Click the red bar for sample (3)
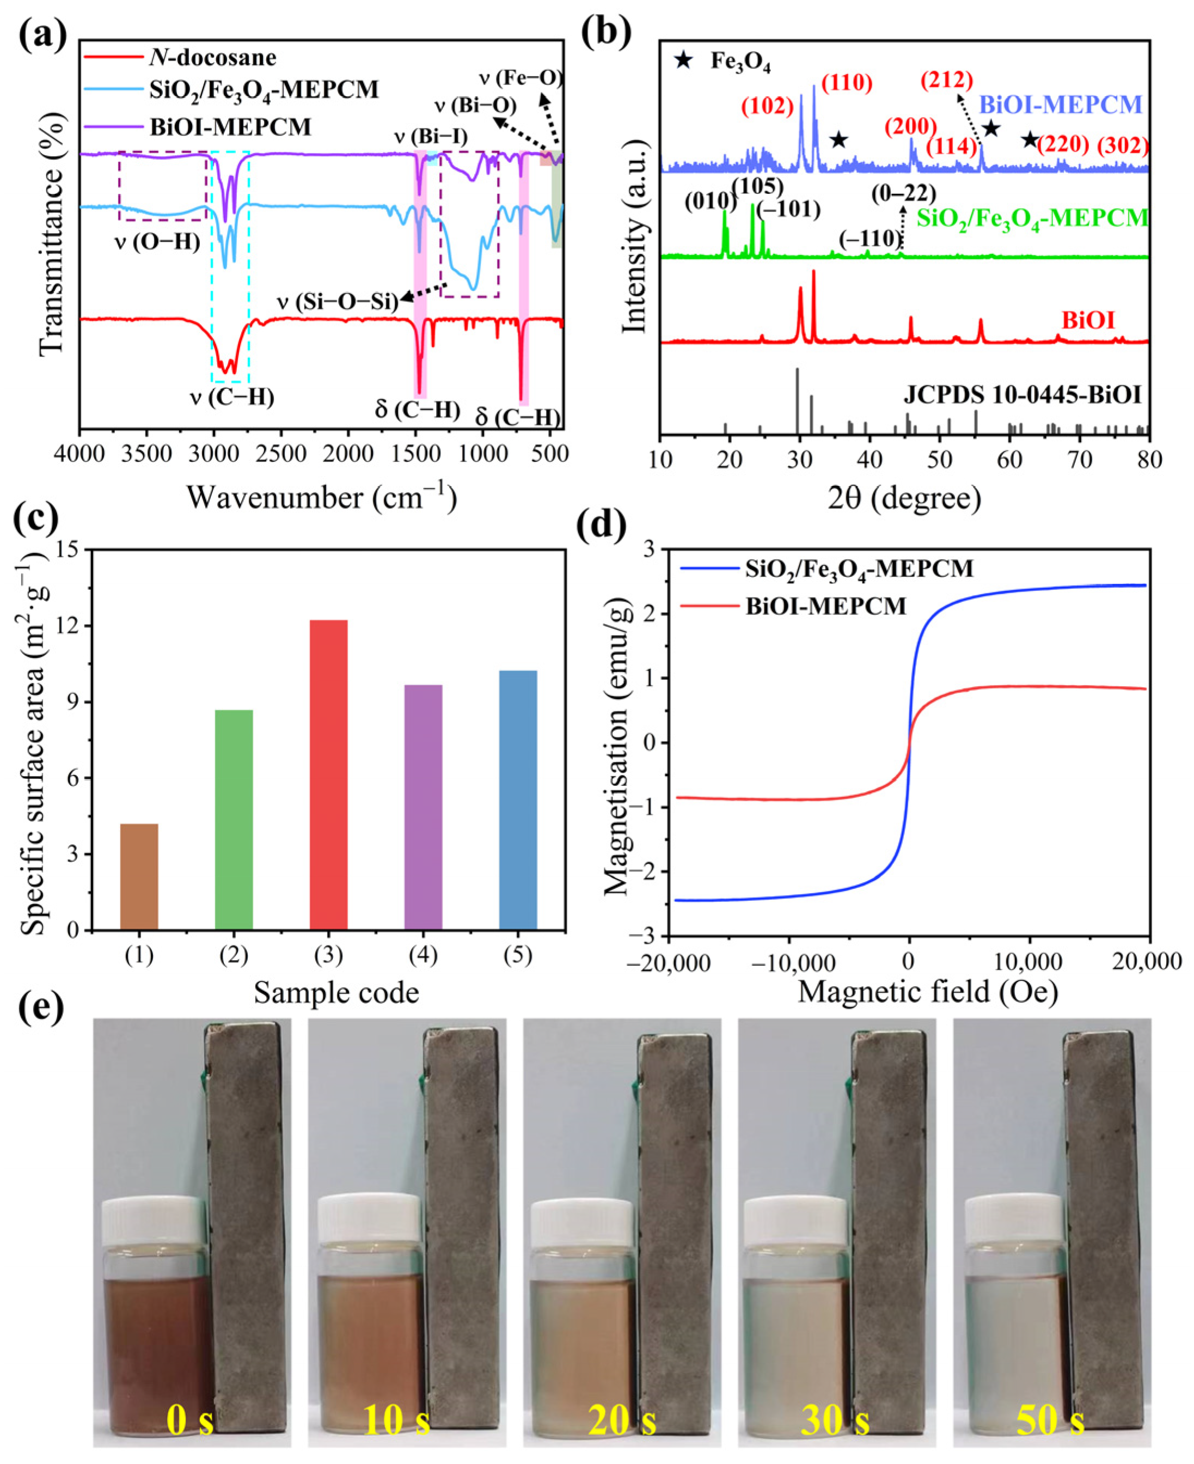(328, 776)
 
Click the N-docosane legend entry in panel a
(212, 57)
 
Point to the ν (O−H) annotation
(157, 242)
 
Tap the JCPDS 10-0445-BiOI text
(1022, 395)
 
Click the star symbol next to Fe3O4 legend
(682, 60)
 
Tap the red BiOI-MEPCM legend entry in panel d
(825, 606)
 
